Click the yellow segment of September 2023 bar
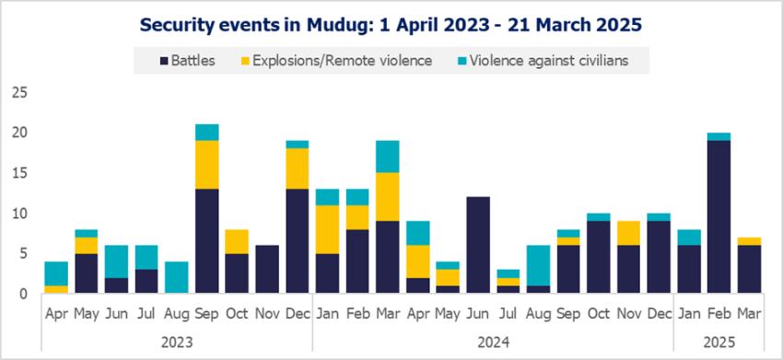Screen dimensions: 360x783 (206, 164)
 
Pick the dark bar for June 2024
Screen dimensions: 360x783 (477, 245)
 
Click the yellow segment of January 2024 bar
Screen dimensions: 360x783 (328, 228)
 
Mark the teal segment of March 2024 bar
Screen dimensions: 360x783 (387, 157)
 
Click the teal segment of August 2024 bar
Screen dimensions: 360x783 (538, 265)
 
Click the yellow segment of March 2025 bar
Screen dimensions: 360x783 (748, 240)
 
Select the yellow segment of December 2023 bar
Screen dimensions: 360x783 (296, 168)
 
